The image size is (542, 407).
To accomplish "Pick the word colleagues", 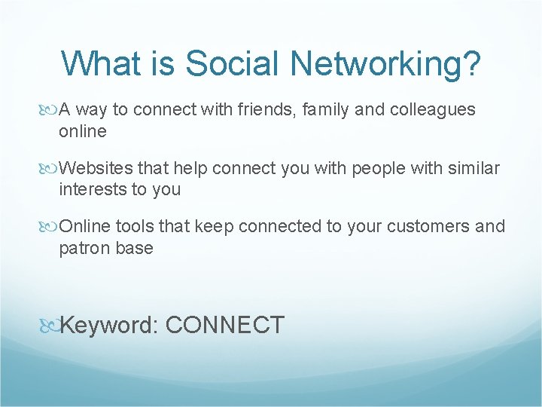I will [x=433, y=110].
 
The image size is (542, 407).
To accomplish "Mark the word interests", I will [x=93, y=189].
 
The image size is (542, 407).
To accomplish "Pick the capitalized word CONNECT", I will [x=224, y=326].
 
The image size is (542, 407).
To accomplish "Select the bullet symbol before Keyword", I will [x=50, y=326].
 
